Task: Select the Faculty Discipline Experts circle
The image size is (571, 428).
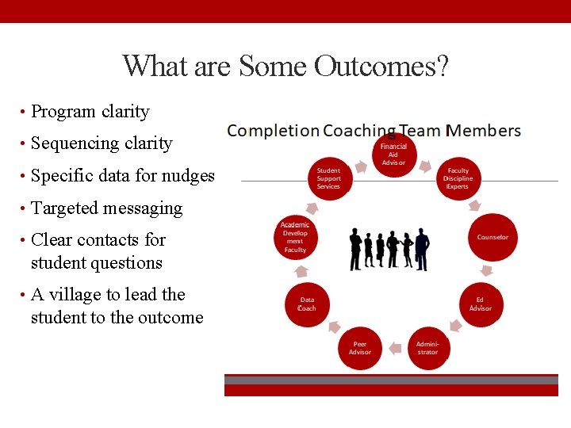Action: pos(458,178)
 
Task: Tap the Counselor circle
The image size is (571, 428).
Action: pos(492,237)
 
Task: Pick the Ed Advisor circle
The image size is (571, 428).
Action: pos(480,304)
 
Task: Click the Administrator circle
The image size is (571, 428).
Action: pos(427,347)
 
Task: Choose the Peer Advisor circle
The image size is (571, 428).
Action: pos(360,347)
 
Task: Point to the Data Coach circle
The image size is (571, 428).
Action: pos(307,304)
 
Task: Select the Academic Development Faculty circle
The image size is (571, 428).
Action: pos(294,237)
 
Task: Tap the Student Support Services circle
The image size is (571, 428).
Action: pos(328,178)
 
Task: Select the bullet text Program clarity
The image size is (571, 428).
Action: pos(90,112)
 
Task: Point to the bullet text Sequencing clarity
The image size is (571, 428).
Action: pos(102,143)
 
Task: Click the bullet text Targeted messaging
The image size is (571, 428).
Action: pos(106,208)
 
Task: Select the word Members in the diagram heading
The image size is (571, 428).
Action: pos(485,131)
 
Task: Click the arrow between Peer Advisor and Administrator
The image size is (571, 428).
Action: pos(394,346)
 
